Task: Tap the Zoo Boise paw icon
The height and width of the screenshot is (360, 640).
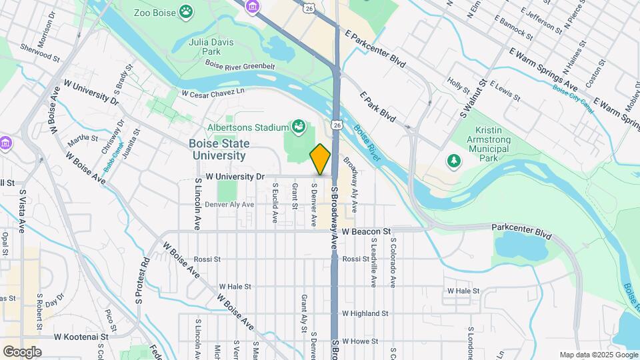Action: pos(187,11)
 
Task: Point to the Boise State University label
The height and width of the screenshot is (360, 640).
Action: pos(219,149)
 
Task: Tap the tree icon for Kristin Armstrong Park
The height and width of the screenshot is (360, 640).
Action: pos(453,160)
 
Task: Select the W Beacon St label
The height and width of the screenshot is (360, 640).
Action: pos(365,231)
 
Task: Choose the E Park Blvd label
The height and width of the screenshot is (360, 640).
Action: pos(377,107)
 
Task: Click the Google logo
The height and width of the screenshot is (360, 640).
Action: pos(22,351)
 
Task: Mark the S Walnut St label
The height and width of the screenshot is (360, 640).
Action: pos(471,100)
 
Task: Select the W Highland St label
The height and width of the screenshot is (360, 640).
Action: pos(365,313)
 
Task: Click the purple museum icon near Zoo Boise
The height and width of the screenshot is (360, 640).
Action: pos(252,7)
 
